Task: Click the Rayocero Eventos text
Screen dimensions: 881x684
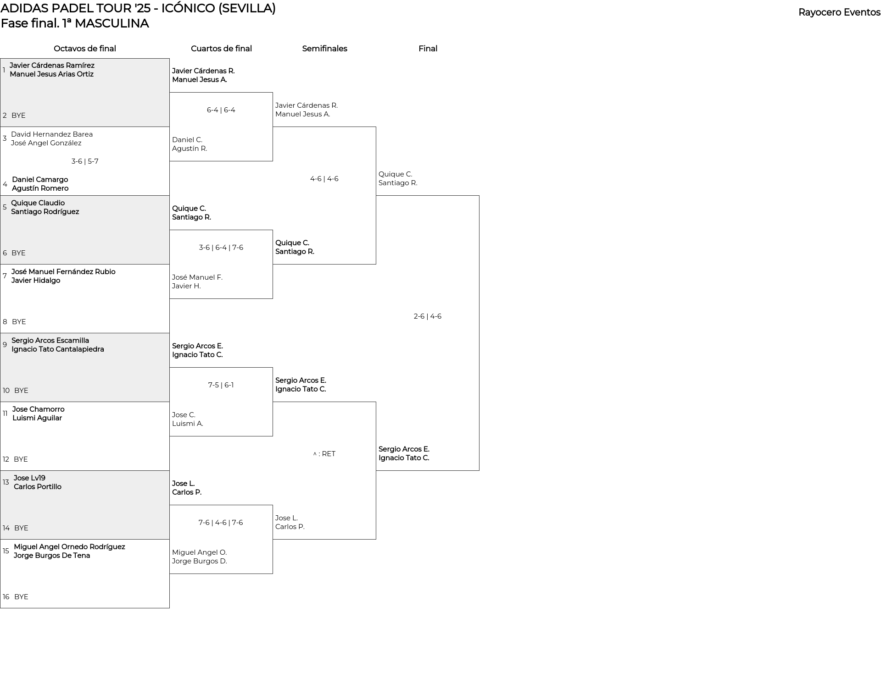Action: [x=839, y=12]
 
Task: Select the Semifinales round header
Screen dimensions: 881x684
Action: [x=324, y=49]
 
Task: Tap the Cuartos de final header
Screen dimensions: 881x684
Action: [x=221, y=49]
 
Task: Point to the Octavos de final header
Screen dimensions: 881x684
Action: [x=85, y=49]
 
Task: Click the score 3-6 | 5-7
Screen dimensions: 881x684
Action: [x=85, y=161]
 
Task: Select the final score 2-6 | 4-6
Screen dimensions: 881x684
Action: [x=428, y=316]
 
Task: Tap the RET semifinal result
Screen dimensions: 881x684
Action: [x=324, y=454]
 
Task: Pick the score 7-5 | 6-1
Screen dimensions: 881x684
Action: [x=221, y=385]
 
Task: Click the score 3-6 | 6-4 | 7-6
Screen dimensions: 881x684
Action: [x=221, y=248]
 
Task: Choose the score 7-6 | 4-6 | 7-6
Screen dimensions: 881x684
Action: [x=221, y=523]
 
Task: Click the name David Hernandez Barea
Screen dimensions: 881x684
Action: [x=52, y=134]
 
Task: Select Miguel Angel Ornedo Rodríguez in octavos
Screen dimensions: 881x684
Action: [x=69, y=547]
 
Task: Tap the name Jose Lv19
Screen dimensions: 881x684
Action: [x=29, y=478]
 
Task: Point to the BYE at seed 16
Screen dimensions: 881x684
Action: [x=21, y=597]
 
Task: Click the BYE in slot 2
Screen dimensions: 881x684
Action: [x=18, y=116]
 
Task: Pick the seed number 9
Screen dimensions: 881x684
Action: [x=5, y=345]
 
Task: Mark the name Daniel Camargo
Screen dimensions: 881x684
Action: [x=40, y=180]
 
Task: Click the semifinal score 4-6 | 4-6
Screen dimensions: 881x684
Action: [x=324, y=179]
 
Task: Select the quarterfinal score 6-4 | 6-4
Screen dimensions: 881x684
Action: [x=221, y=110]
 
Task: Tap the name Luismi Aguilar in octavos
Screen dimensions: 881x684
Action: [x=37, y=418]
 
